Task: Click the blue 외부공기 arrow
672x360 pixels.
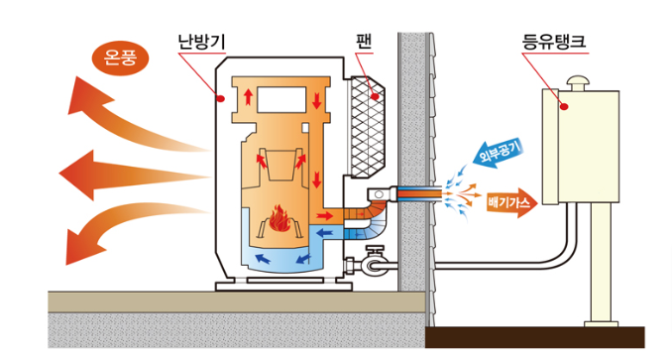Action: [x=497, y=158]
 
